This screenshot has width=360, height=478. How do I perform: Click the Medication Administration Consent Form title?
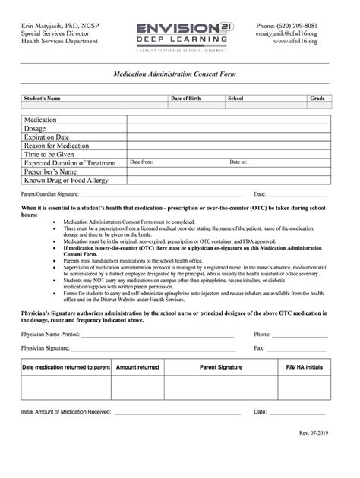(179, 77)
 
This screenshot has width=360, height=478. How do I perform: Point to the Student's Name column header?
(43, 99)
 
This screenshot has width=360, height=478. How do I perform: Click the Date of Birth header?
(185, 99)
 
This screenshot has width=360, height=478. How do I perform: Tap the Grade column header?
(317, 99)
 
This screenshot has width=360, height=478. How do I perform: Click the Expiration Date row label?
(52, 137)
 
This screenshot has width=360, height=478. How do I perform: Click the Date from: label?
(142, 162)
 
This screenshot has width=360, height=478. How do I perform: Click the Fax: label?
(259, 347)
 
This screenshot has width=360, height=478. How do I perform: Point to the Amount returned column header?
(137, 367)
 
